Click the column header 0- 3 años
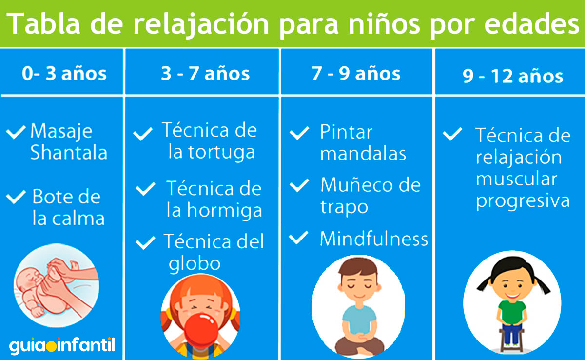[64, 73]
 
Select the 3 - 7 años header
[205, 73]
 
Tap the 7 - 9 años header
[356, 73]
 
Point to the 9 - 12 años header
[513, 76]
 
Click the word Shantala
[69, 152]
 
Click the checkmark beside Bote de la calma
[16, 197]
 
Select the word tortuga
[221, 153]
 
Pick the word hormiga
[225, 211]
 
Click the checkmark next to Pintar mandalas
[299, 133]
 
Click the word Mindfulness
[374, 239]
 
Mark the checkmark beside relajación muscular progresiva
[452, 134]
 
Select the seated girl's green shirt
[512, 313]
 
